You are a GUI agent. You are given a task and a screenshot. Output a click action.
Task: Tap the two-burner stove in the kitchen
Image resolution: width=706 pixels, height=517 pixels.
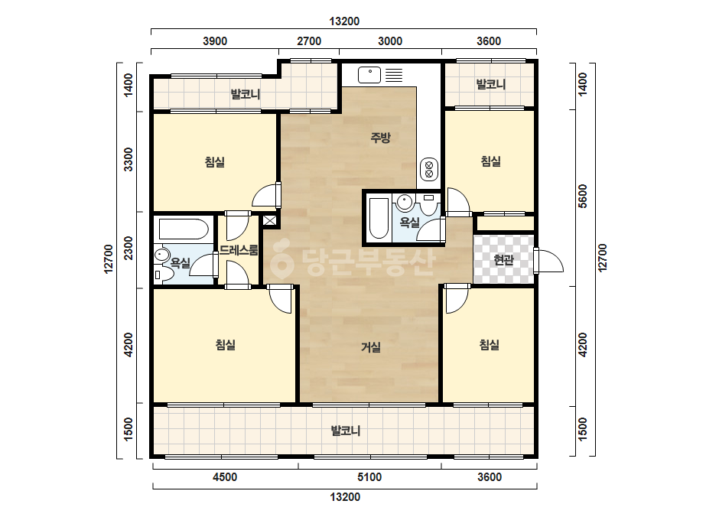428,169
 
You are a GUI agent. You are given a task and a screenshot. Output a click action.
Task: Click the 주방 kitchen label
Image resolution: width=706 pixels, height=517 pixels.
380,138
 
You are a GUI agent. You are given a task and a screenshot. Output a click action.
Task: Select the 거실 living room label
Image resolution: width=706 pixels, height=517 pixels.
371,346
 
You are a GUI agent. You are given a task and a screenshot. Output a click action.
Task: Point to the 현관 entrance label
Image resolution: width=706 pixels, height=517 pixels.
503,260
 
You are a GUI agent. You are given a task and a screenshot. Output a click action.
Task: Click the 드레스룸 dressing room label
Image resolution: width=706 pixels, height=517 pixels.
239,250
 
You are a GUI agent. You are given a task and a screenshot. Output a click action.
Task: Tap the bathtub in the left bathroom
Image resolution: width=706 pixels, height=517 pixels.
183,229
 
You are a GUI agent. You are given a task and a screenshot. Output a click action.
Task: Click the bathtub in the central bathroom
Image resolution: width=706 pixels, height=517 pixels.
379,218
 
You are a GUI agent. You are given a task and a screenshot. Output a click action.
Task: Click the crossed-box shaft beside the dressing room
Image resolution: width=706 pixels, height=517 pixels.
270,221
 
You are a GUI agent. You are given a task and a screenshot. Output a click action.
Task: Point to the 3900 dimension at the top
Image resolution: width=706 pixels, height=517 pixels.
215,41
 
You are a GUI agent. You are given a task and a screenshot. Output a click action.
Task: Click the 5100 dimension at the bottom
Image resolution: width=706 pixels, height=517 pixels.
369,477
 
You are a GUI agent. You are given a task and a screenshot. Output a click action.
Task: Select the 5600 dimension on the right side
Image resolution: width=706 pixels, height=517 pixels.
583,197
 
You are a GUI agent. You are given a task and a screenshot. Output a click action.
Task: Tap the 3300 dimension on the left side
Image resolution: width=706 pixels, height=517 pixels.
129,159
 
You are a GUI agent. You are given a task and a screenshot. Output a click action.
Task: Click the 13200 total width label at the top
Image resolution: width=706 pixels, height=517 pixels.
344,21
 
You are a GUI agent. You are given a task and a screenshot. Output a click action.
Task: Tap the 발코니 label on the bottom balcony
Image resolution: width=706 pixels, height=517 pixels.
346,431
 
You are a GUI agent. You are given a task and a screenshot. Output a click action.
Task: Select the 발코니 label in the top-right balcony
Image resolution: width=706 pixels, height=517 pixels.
491,84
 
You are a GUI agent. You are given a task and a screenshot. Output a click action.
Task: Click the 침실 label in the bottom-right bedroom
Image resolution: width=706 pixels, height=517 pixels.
490,345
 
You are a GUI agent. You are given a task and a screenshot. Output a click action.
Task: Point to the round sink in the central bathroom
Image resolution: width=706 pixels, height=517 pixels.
405,203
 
